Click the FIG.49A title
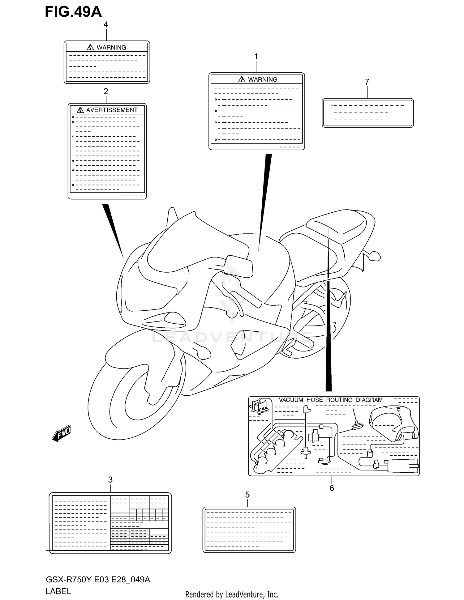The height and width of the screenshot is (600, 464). click(73, 12)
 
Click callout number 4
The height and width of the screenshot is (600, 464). click(106, 25)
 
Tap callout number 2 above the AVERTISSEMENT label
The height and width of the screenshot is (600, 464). click(106, 91)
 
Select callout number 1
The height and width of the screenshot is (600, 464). click(256, 57)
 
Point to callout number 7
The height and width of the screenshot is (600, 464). click(367, 82)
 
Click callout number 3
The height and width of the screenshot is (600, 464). click(110, 480)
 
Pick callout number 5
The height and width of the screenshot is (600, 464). click(247, 495)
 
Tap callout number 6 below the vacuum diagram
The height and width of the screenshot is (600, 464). click(332, 488)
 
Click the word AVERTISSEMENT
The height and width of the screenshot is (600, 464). click(112, 110)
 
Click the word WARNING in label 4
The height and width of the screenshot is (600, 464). click(111, 48)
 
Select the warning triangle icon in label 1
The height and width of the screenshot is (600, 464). click(242, 79)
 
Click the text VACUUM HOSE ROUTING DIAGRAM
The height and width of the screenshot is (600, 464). click(330, 400)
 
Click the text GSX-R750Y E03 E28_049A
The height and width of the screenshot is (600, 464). click(98, 579)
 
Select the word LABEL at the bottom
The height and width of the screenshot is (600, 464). click(58, 591)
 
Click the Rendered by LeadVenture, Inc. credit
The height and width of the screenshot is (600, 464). click(232, 594)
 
